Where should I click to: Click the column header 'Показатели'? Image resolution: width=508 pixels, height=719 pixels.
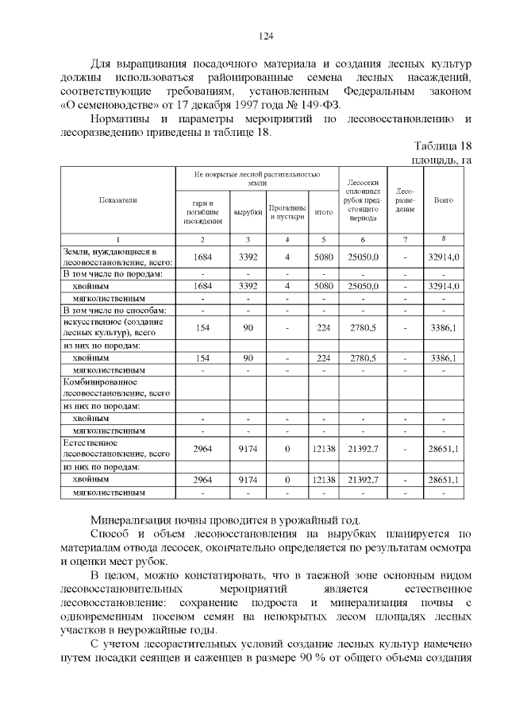(117, 200)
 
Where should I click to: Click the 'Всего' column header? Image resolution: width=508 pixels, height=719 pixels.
(444, 200)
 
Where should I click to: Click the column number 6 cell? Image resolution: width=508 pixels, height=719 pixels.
(363, 239)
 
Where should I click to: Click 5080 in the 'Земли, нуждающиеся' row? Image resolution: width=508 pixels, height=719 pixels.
(323, 257)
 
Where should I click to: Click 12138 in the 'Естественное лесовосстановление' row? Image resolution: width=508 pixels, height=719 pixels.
(323, 449)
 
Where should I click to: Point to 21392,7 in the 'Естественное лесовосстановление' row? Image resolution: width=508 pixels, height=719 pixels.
(363, 449)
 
